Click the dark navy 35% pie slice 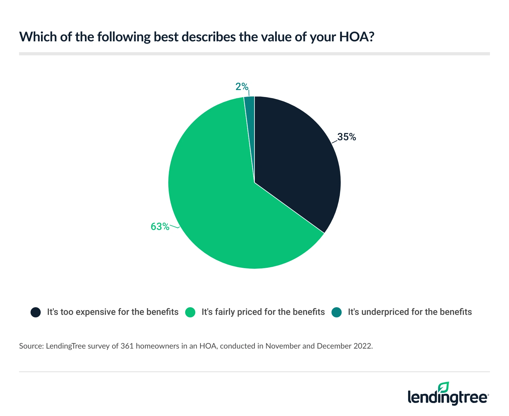pos(296,159)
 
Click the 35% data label pos(346,137)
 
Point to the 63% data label pos(160,226)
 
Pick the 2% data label pos(242,86)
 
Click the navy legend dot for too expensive pos(36,312)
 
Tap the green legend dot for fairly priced pos(190,312)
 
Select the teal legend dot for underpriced pos(337,312)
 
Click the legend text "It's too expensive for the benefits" pos(113,312)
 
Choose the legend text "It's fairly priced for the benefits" pos(263,312)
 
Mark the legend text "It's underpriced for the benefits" pos(410,312)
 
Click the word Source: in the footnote pos(31,346)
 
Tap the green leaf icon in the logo pos(443,387)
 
